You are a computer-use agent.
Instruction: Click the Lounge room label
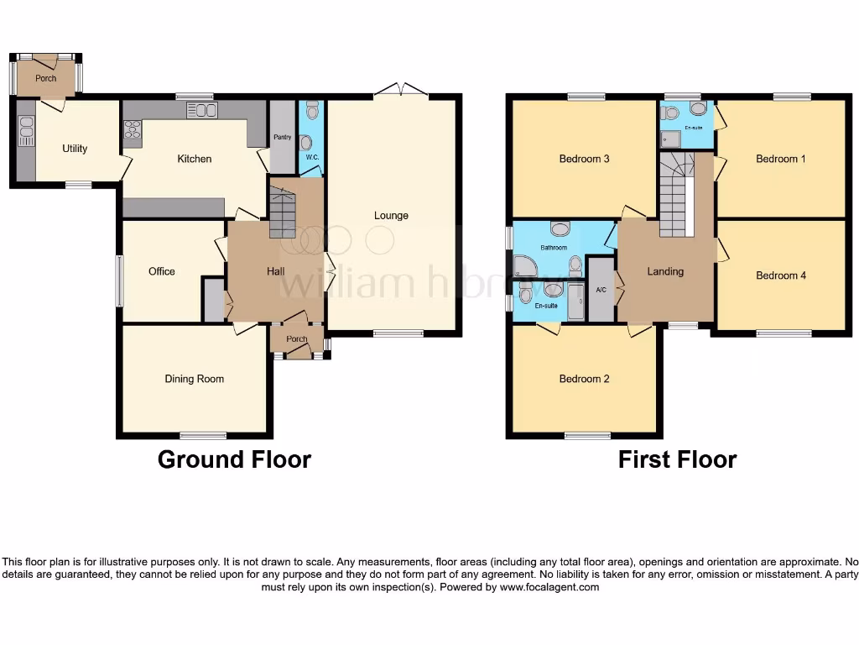pos(391,216)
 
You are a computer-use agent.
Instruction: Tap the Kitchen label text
pos(194,159)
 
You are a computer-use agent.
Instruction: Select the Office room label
pos(162,271)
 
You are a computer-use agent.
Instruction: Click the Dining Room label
pos(194,379)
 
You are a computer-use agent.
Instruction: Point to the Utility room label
pos(75,149)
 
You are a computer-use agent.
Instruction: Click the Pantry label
pos(280,138)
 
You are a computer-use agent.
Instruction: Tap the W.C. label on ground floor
pos(311,157)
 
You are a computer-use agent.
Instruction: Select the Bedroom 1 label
pos(780,159)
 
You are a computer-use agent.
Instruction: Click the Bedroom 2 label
pos(584,379)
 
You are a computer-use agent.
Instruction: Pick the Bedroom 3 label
pos(584,159)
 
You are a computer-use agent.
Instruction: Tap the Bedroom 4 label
pos(780,275)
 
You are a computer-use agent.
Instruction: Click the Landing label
pos(665,271)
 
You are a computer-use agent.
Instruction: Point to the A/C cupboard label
pos(601,291)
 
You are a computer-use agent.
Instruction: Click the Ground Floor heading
pos(234,459)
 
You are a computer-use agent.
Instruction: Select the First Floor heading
pos(677,459)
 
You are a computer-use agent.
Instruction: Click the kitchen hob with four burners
pos(133,129)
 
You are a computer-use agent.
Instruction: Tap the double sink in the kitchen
pos(201,110)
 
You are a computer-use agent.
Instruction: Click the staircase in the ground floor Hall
pos(283,213)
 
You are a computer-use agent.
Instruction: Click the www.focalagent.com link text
pos(549,588)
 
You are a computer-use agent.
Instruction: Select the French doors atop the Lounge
pos(400,89)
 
